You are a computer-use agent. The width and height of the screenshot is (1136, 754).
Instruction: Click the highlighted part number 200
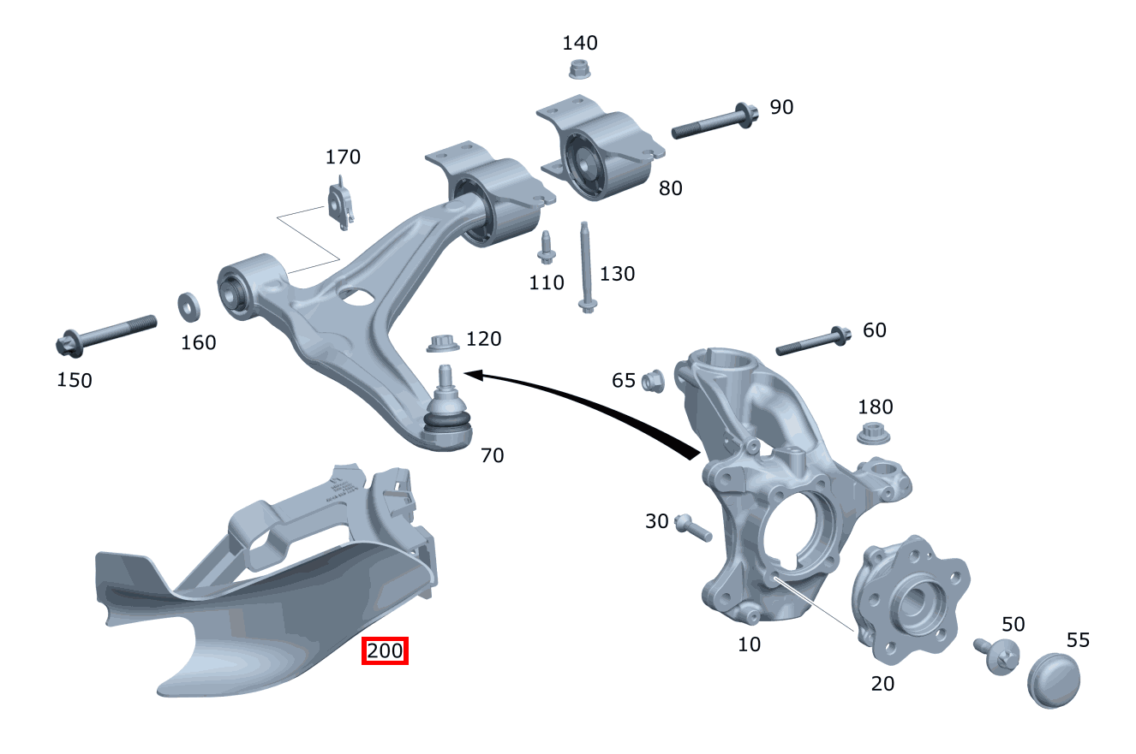click(385, 651)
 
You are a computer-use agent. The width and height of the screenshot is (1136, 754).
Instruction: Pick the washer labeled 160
click(188, 305)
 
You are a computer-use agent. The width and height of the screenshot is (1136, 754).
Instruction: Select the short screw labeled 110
click(546, 248)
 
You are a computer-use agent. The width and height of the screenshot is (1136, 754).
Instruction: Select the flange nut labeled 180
click(874, 433)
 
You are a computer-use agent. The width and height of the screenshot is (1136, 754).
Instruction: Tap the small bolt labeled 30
click(693, 527)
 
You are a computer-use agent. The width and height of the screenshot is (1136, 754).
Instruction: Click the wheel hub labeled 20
click(910, 604)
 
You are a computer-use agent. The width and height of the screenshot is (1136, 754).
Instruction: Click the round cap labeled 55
click(1054, 680)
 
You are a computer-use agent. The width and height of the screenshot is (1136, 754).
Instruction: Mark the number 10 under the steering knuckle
click(749, 644)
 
